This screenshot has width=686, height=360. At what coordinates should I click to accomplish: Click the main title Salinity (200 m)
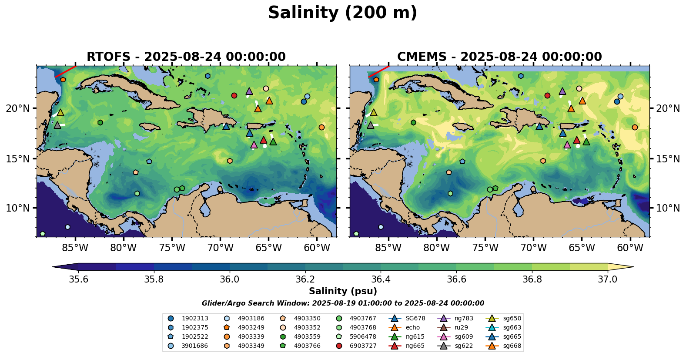tap(342, 13)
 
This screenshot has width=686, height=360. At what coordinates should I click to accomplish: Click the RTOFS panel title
tap(186, 57)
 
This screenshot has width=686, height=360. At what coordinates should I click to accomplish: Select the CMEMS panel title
tap(499, 57)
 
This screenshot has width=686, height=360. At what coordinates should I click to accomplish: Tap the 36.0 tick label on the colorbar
tap(229, 279)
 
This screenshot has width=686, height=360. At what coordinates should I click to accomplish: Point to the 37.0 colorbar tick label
tap(607, 279)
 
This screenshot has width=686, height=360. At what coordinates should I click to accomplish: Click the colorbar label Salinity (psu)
tap(343, 291)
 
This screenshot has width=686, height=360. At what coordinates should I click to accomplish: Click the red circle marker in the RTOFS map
tap(234, 96)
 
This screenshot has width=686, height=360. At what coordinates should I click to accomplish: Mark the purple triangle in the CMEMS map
tap(562, 91)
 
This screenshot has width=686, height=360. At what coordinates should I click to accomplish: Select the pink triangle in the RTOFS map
tap(254, 145)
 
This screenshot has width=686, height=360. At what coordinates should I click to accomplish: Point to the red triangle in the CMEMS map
tap(576, 140)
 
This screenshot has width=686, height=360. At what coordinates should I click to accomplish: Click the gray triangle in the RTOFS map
tap(57, 125)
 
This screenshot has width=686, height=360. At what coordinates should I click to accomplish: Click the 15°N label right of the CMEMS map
tap(668, 159)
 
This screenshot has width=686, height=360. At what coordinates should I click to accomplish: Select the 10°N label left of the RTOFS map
tap(18, 208)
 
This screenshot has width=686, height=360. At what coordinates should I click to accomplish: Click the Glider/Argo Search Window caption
tap(343, 303)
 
